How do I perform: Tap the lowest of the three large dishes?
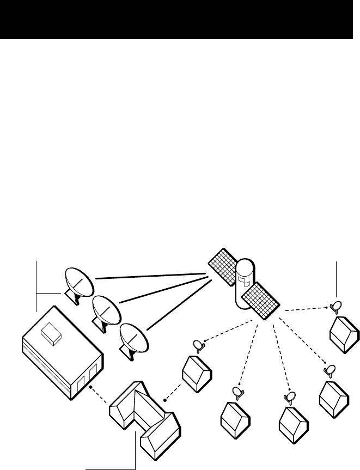pos(132,338)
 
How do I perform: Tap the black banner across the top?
pos(180,20)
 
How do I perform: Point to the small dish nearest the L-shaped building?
pos(197,344)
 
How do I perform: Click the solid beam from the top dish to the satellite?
pos(152,277)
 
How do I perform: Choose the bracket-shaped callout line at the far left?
pos(36,286)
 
